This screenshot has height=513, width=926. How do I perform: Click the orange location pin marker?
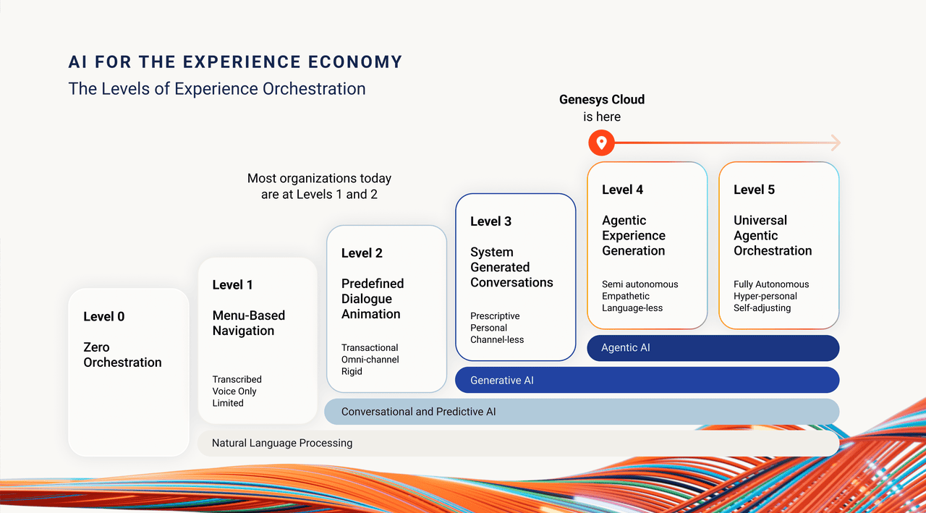click(x=601, y=143)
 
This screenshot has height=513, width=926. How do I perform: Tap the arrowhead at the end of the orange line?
click(x=836, y=143)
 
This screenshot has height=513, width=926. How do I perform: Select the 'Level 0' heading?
click(x=104, y=316)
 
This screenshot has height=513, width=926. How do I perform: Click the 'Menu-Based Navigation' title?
click(x=248, y=323)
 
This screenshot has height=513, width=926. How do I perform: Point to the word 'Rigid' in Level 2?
click(x=352, y=371)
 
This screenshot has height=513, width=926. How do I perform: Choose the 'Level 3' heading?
click(x=490, y=221)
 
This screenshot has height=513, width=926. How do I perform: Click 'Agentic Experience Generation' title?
click(x=634, y=235)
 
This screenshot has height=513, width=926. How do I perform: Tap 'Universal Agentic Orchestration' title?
click(x=773, y=235)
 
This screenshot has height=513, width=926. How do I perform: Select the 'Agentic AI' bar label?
click(x=626, y=348)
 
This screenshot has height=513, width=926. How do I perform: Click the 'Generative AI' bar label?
click(x=502, y=380)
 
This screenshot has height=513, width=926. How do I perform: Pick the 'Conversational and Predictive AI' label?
click(x=419, y=412)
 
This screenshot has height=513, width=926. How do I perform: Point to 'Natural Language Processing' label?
click(x=282, y=443)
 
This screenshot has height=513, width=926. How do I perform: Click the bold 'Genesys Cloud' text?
click(x=602, y=100)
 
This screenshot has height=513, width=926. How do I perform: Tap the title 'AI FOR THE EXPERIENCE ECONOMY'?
click(x=235, y=62)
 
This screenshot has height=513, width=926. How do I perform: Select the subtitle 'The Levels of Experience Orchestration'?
click(x=217, y=89)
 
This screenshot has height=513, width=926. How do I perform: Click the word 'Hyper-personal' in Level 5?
click(x=765, y=296)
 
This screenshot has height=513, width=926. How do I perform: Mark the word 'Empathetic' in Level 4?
click(x=626, y=296)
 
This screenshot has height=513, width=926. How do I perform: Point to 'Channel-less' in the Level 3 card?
click(x=497, y=339)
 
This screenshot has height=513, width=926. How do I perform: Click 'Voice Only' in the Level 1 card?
click(x=234, y=391)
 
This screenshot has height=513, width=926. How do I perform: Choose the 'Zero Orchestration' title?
click(x=122, y=355)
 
